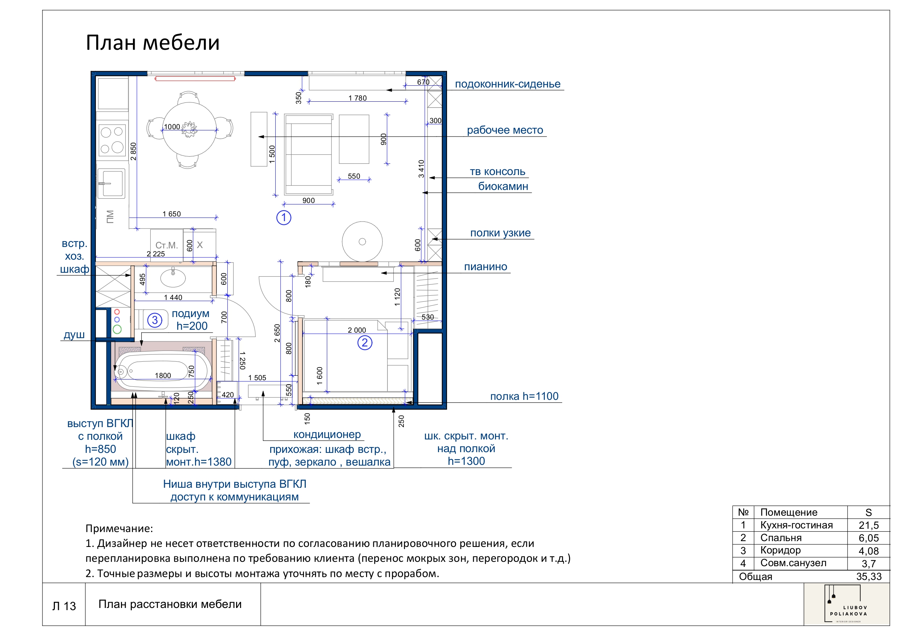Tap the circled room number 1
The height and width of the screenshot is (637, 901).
(x=284, y=218)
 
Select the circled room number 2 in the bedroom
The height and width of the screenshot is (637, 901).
(x=365, y=342)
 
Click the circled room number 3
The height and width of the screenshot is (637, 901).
(x=155, y=320)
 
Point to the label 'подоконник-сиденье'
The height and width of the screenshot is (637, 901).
(x=507, y=84)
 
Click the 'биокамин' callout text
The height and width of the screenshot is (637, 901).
(x=503, y=186)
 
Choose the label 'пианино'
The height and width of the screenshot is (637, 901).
(x=486, y=267)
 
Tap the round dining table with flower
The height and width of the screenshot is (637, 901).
(x=190, y=129)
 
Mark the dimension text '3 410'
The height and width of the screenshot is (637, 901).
(x=421, y=169)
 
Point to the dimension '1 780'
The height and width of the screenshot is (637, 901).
(x=357, y=98)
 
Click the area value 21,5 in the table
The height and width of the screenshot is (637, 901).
(x=868, y=525)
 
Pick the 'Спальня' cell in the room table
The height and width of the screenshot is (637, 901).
(x=780, y=538)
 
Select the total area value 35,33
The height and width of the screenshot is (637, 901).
(x=868, y=577)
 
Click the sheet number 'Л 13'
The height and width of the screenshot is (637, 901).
(x=64, y=606)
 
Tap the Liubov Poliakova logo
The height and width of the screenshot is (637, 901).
(x=848, y=605)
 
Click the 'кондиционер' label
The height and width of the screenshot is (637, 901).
(x=327, y=434)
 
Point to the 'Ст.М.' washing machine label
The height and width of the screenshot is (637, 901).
(x=167, y=245)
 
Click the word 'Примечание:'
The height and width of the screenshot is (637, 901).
(x=119, y=528)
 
